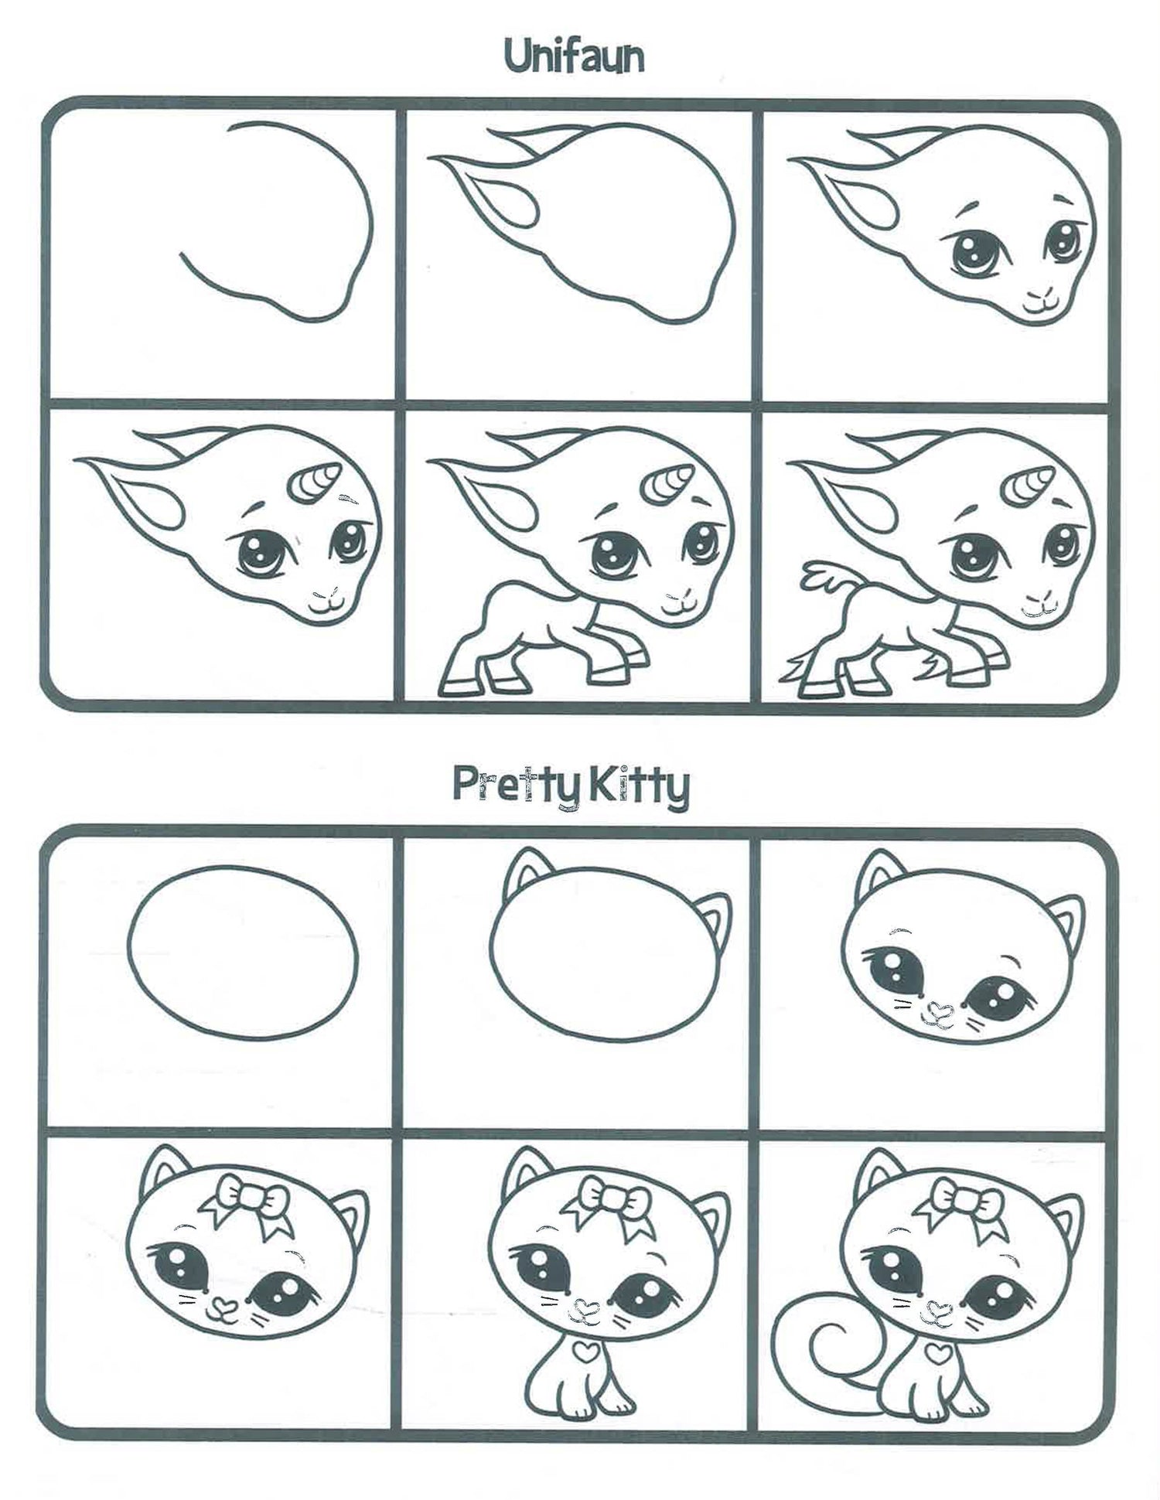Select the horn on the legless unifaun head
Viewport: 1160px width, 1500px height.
[x=313, y=482]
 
